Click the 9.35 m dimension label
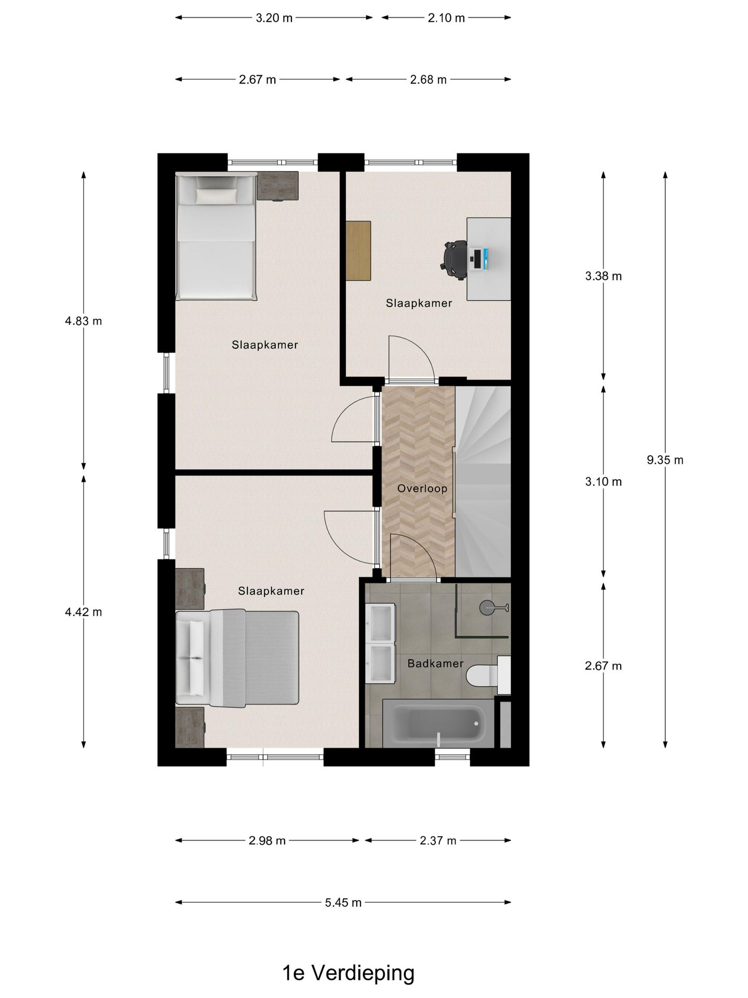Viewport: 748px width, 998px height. pyautogui.click(x=665, y=459)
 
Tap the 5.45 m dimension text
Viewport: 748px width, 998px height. pyautogui.click(x=343, y=902)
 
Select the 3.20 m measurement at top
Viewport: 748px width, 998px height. pyautogui.click(x=274, y=18)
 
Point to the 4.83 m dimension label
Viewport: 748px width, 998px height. pyautogui.click(x=83, y=321)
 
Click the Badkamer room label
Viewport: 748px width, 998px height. pyautogui.click(x=435, y=663)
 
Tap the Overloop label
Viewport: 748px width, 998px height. pyautogui.click(x=422, y=488)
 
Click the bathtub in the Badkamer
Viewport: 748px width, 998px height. pyautogui.click(x=438, y=723)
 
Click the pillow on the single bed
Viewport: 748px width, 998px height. pyautogui.click(x=216, y=195)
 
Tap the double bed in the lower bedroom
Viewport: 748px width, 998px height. pyautogui.click(x=237, y=659)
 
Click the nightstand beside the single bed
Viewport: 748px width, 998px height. pyautogui.click(x=278, y=186)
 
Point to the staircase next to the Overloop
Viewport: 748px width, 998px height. pyautogui.click(x=483, y=481)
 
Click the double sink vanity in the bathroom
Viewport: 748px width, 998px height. pyautogui.click(x=380, y=643)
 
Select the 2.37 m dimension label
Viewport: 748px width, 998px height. pyautogui.click(x=438, y=840)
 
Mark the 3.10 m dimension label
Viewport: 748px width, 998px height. pyautogui.click(x=603, y=481)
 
